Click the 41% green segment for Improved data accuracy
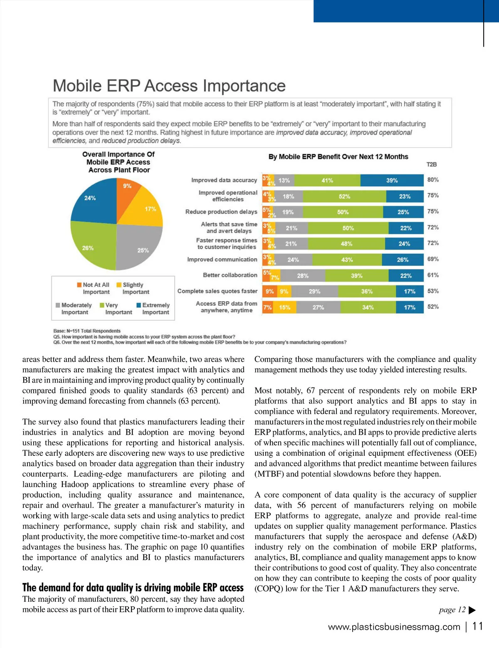tap(327, 181)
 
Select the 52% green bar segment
tap(344, 196)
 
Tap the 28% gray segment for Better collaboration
tap(303, 276)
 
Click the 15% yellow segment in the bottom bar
tap(285, 307)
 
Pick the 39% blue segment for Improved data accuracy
tap(392, 181)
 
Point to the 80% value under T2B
tap(433, 180)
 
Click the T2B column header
tap(432, 165)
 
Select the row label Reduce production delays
tap(221, 212)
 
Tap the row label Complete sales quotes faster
tap(217, 291)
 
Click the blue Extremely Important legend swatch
tap(139, 305)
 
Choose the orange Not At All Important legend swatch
tap(79, 285)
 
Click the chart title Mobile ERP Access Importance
tap(169, 86)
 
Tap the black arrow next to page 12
tap(472, 610)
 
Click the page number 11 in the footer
tap(478, 626)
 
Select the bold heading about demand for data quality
tap(133, 587)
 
